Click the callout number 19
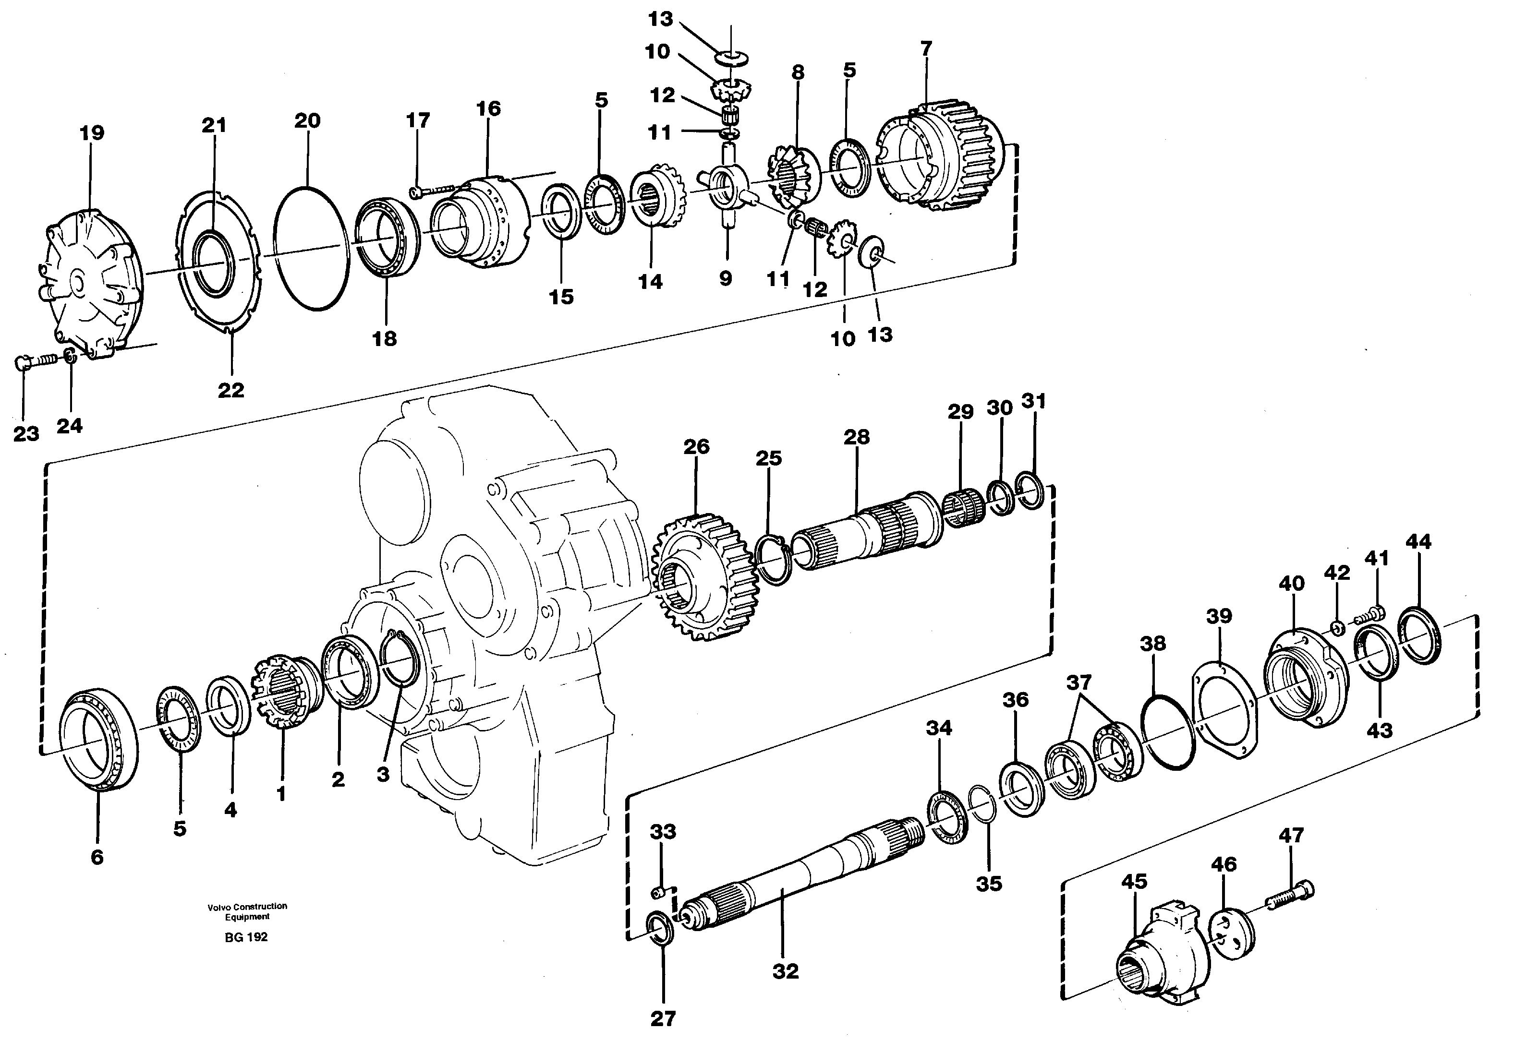coord(92,133)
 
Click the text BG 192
coord(246,937)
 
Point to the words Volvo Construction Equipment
coord(247,911)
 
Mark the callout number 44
coord(1418,541)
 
